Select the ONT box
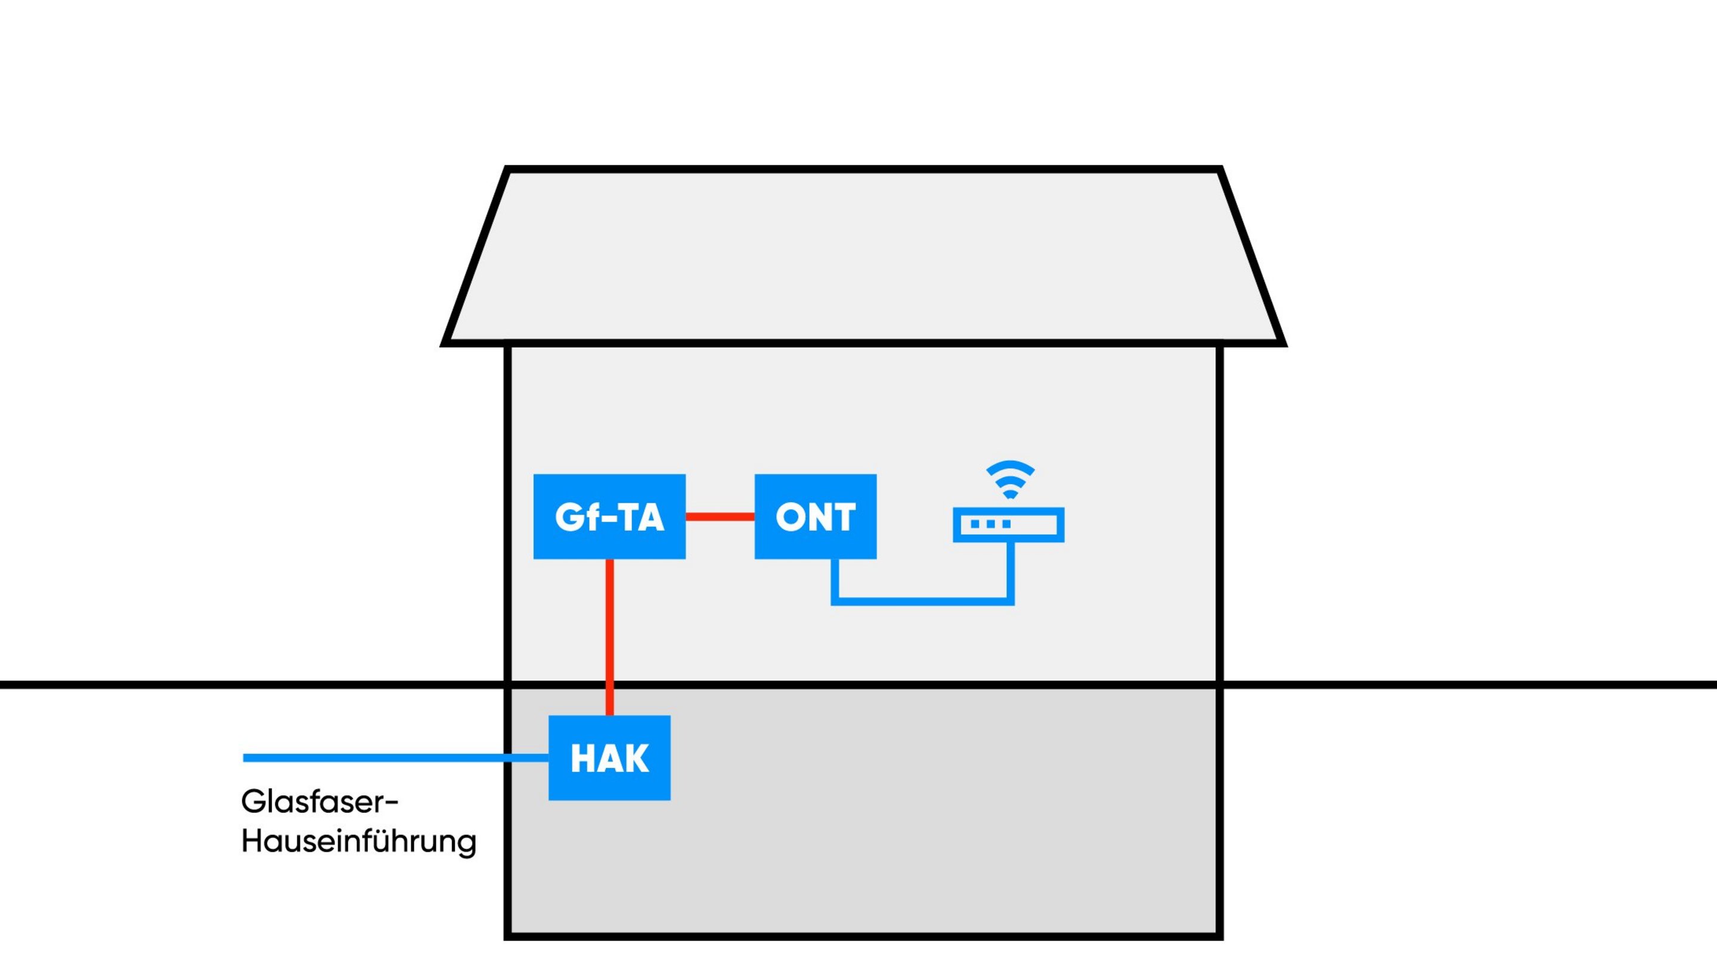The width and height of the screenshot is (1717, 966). (x=815, y=516)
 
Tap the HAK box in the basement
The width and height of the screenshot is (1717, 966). (x=609, y=757)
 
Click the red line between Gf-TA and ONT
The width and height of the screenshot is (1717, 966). (x=720, y=516)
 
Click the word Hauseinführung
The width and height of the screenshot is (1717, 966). (x=358, y=841)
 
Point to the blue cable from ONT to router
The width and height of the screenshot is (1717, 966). (x=923, y=601)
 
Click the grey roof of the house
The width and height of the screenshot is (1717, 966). (x=863, y=256)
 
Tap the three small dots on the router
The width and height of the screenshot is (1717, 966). (x=990, y=525)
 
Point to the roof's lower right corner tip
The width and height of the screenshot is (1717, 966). (x=1282, y=343)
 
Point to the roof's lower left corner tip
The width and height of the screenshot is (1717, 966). (x=445, y=343)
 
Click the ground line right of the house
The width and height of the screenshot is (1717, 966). (x=1467, y=685)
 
